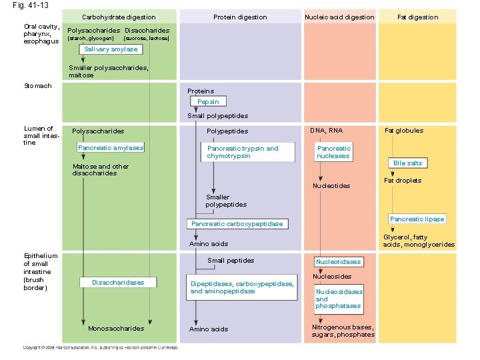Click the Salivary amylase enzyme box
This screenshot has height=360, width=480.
(111, 49)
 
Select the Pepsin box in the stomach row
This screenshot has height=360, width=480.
(207, 102)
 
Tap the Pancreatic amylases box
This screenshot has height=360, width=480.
(110, 147)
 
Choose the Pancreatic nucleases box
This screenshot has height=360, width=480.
(333, 152)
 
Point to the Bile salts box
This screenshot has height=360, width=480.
(407, 163)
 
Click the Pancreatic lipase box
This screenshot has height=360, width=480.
(417, 219)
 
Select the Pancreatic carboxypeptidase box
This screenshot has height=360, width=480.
(237, 224)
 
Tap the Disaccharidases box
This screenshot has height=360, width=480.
(118, 283)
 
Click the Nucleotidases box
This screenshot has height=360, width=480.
(338, 262)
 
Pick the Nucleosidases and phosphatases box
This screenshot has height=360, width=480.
(339, 299)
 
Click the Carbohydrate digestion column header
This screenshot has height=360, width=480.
(119, 17)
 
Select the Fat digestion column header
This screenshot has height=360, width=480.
(417, 17)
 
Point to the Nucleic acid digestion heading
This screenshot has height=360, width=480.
(339, 17)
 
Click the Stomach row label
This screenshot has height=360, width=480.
(37, 86)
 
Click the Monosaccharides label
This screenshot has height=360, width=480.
(115, 329)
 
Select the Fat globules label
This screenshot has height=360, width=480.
(403, 131)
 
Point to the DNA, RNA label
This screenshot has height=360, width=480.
(327, 131)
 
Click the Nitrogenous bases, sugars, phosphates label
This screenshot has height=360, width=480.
(343, 331)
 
